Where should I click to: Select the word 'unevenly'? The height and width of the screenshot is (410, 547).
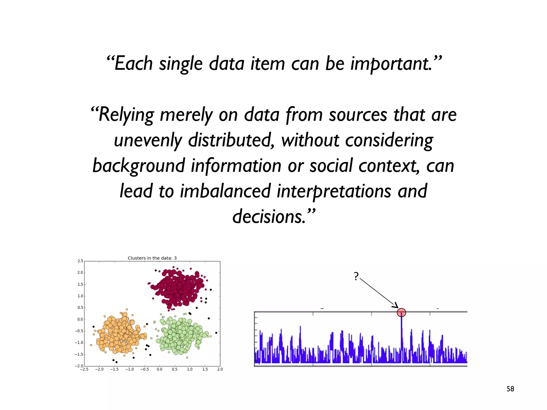tap(148, 140)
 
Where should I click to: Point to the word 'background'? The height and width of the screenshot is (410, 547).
tap(139, 166)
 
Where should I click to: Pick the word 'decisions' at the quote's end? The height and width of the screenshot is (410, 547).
tap(268, 216)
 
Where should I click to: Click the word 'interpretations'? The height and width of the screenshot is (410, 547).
tap(334, 191)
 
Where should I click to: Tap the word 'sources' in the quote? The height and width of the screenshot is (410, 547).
tap(358, 115)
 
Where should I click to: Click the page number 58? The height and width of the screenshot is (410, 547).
tap(510, 389)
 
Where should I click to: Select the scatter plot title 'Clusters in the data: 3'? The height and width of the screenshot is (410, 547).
tap(152, 258)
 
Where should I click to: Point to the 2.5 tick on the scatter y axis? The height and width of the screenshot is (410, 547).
tap(80, 261)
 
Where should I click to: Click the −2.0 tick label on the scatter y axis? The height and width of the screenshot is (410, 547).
tap(79, 366)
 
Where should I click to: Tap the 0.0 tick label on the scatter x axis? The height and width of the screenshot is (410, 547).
tap(159, 369)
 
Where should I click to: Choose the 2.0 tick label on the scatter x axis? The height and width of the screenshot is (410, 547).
tap(220, 369)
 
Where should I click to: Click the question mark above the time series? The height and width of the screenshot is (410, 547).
tap(356, 276)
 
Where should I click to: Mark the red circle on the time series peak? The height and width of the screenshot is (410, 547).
tap(401, 312)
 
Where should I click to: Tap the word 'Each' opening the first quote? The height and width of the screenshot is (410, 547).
tap(133, 64)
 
